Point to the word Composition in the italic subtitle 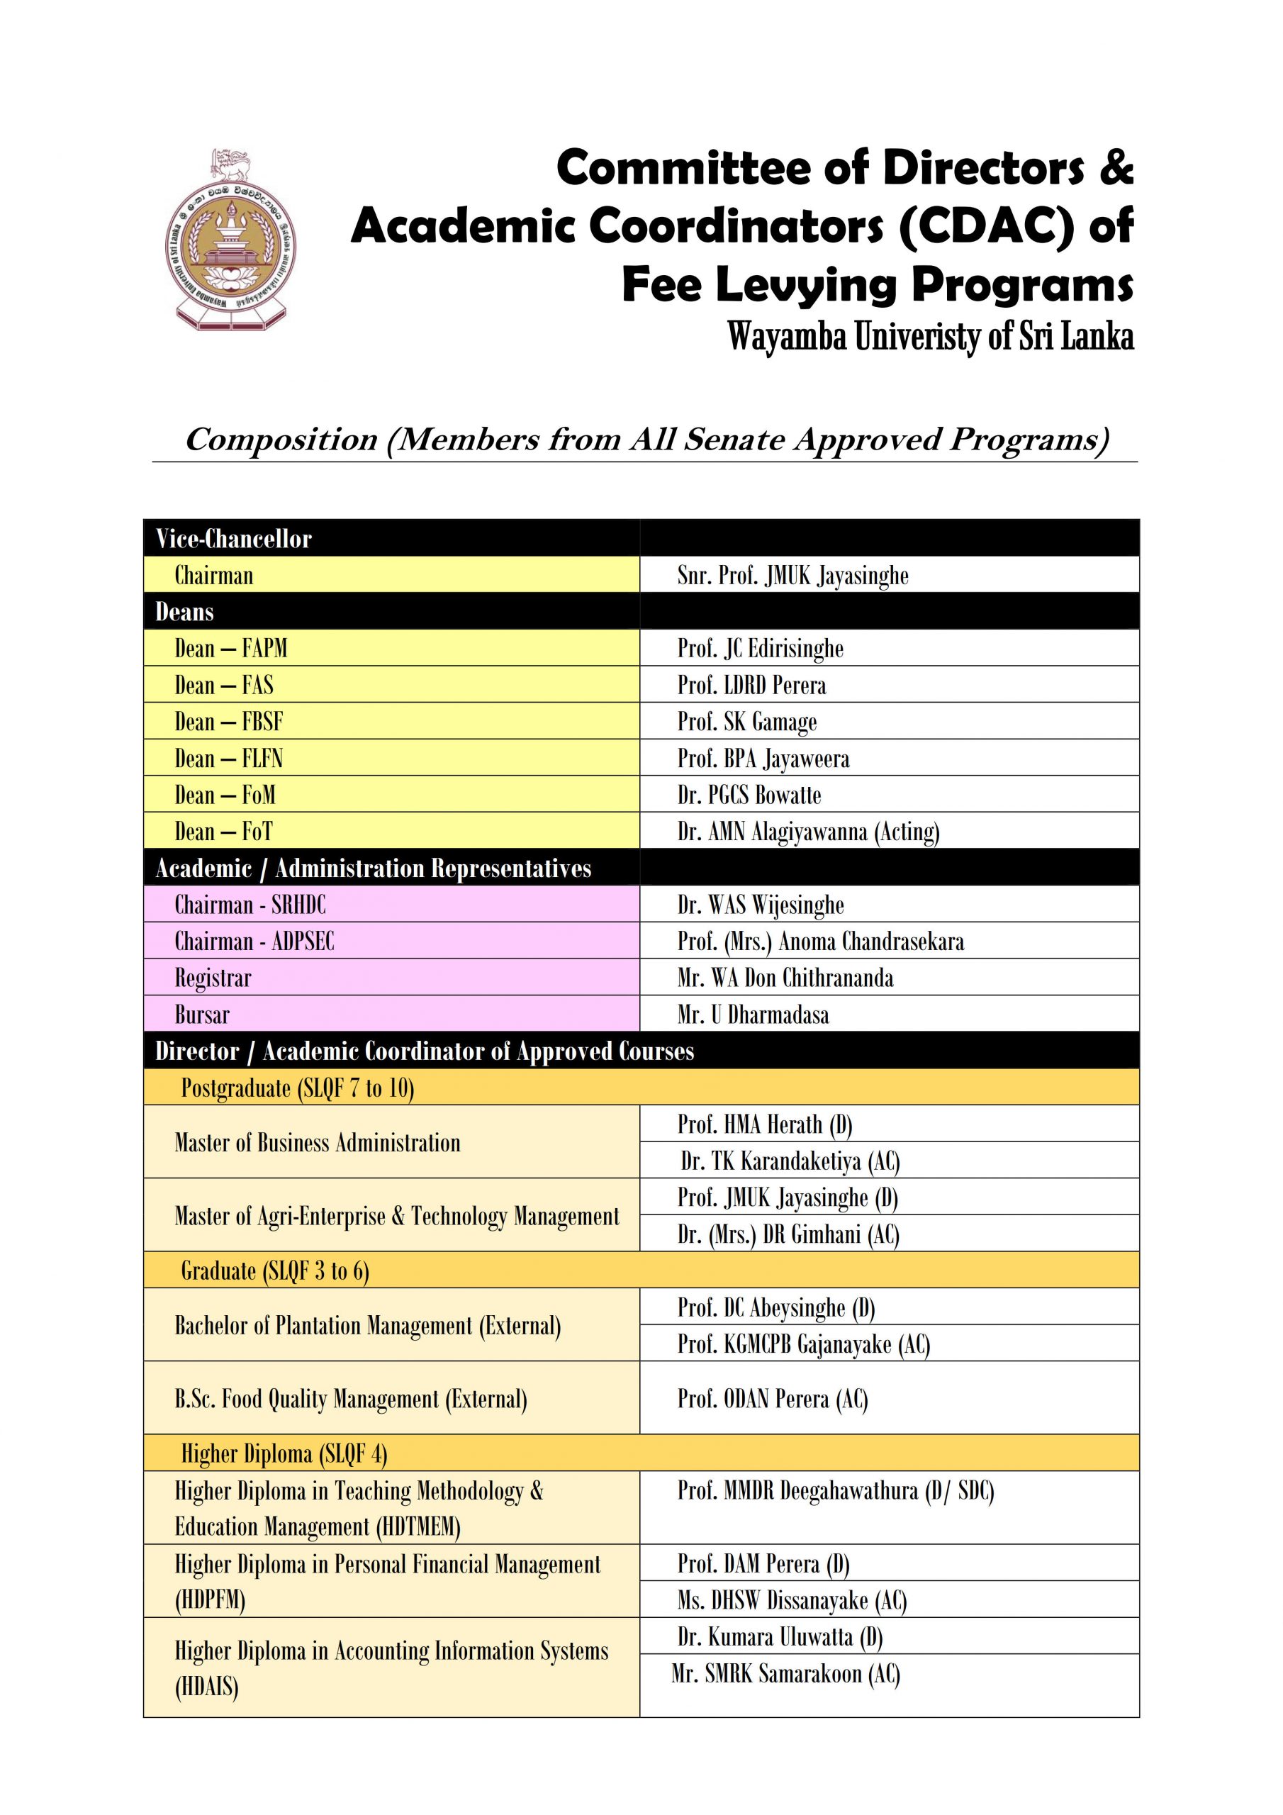click(281, 440)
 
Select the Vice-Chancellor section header click(233, 539)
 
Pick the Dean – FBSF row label click(228, 722)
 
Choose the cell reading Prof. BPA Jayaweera click(763, 759)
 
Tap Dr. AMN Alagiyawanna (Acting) click(808, 832)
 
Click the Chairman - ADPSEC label click(254, 942)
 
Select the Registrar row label click(213, 978)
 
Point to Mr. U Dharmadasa click(753, 1015)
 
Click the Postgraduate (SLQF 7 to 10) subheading click(297, 1088)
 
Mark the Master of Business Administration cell click(317, 1143)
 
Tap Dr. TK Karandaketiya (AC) click(790, 1161)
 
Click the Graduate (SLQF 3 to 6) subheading click(275, 1270)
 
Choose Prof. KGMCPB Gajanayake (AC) click(803, 1344)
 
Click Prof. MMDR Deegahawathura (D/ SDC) click(835, 1491)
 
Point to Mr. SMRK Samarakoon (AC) click(786, 1673)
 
